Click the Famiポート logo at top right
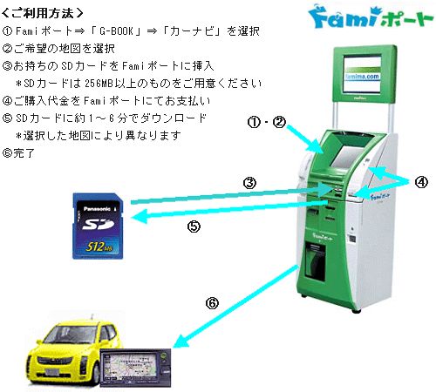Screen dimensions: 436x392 (x=371, y=17)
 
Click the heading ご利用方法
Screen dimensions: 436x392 (x=43, y=13)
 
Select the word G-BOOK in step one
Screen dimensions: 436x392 (x=116, y=30)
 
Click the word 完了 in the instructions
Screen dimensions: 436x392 (x=24, y=152)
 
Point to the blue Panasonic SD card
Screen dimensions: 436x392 (x=98, y=226)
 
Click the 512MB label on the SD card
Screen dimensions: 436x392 (x=99, y=247)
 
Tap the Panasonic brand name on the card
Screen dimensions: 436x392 (x=97, y=209)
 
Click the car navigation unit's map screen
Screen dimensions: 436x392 (x=133, y=367)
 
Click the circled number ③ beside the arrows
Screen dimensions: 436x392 (x=249, y=183)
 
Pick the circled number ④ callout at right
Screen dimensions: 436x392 (x=421, y=182)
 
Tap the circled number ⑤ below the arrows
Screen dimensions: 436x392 (x=194, y=226)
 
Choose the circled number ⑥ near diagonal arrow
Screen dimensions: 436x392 (x=212, y=303)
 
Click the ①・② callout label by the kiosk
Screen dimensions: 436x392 (x=267, y=122)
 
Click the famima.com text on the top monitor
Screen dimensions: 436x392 (x=363, y=77)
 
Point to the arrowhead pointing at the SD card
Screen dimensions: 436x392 (x=139, y=216)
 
